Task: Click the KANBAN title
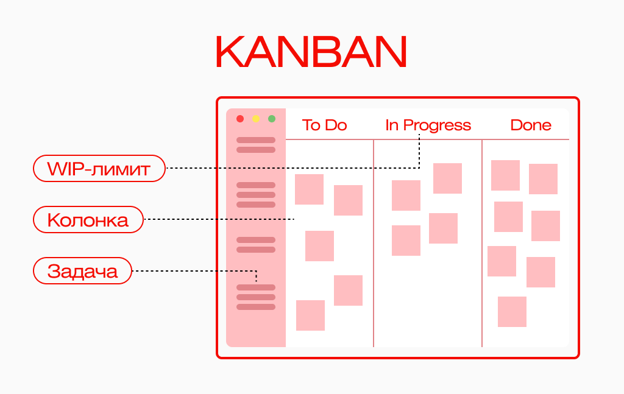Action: click(x=311, y=52)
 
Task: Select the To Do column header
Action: click(x=324, y=125)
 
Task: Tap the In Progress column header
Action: click(x=428, y=125)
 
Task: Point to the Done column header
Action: click(x=531, y=125)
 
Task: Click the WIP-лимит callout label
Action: click(x=99, y=168)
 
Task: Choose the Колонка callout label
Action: click(x=88, y=219)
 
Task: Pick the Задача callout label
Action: click(x=82, y=270)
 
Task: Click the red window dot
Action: click(x=240, y=119)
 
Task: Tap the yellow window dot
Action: click(x=256, y=119)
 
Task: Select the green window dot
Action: click(x=272, y=119)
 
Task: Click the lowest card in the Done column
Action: click(x=512, y=312)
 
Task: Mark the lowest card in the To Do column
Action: click(x=310, y=315)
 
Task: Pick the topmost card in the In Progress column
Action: click(x=447, y=178)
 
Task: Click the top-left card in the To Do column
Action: click(x=309, y=189)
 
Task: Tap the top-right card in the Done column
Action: click(x=543, y=179)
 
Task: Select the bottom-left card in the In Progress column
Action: click(x=406, y=241)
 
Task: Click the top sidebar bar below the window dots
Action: click(x=256, y=140)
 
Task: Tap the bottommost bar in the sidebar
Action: click(x=256, y=307)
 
